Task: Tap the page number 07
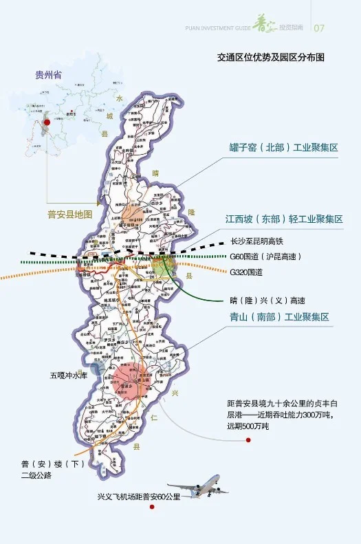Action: (319, 28)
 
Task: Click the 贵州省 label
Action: (48, 74)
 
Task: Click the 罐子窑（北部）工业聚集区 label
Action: (284, 148)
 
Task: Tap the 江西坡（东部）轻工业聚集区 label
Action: (284, 219)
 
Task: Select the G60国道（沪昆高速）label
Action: (265, 257)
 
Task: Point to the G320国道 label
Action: (246, 272)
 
